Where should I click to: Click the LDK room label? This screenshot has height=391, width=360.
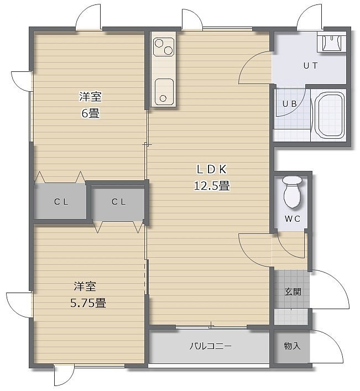pyautogui.click(x=212, y=169)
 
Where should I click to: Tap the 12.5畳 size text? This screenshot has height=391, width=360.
pyautogui.click(x=212, y=186)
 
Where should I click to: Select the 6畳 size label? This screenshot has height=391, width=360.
pyautogui.click(x=91, y=113)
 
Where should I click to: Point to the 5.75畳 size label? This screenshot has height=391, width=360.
pyautogui.click(x=88, y=303)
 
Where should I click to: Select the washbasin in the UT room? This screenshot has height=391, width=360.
pyautogui.click(x=332, y=43)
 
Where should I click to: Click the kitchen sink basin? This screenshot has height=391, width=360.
pyautogui.click(x=164, y=92)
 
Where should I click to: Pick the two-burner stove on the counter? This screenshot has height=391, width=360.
pyautogui.click(x=164, y=47)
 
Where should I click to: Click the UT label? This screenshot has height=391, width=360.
pyautogui.click(x=311, y=66)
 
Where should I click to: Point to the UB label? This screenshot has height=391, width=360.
pyautogui.click(x=290, y=103)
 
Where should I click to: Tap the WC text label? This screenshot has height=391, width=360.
pyautogui.click(x=293, y=218)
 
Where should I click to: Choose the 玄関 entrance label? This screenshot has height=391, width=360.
pyautogui.click(x=293, y=291)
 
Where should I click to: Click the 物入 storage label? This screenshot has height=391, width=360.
pyautogui.click(x=292, y=346)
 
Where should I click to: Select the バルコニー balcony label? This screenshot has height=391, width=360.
pyautogui.click(x=211, y=346)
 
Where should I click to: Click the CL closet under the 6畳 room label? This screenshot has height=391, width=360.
pyautogui.click(x=61, y=201)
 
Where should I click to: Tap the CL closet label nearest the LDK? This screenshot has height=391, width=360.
pyautogui.click(x=119, y=201)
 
